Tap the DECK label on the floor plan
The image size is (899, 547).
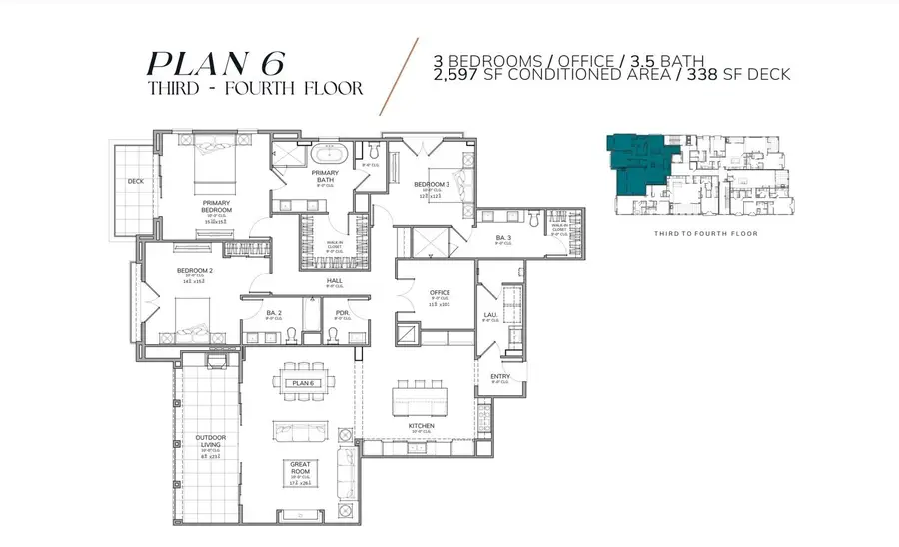(x=135, y=182)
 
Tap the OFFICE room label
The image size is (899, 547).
(x=439, y=293)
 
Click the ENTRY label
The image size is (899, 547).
(x=500, y=376)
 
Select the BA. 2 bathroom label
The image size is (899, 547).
(x=273, y=313)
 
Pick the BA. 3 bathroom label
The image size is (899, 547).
(x=503, y=238)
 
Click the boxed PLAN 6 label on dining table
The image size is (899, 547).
(x=300, y=383)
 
